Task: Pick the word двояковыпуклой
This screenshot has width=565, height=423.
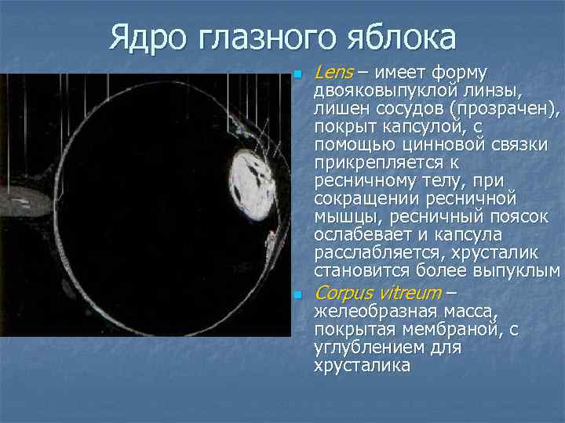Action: click(385, 91)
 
